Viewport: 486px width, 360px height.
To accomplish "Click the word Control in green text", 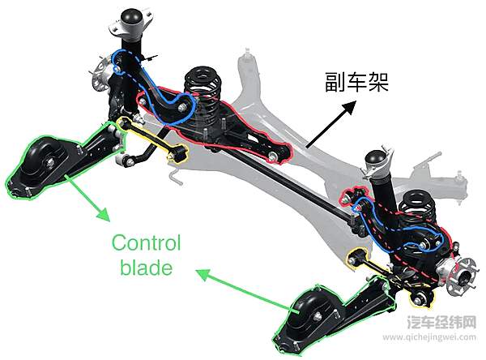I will click(x=147, y=242).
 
